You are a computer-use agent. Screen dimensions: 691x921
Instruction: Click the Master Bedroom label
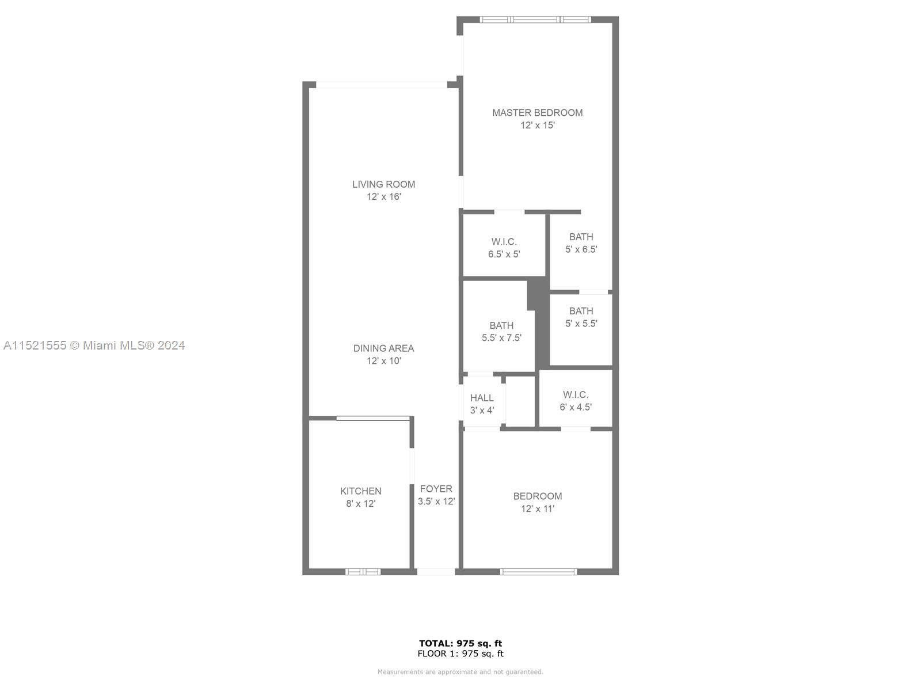(x=537, y=113)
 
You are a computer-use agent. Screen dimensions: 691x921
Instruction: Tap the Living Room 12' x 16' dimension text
(x=383, y=197)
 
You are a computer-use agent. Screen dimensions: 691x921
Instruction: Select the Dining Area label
(x=383, y=348)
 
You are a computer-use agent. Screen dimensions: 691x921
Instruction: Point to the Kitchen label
(x=360, y=491)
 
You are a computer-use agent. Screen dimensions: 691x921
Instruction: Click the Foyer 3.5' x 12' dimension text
(x=436, y=502)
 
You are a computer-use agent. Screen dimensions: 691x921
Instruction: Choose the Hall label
(x=482, y=398)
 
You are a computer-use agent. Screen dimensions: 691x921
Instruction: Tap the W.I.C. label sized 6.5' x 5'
(x=504, y=242)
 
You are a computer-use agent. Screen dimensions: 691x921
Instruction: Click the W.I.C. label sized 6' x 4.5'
(x=575, y=395)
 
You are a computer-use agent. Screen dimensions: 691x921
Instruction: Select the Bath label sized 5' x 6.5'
(x=581, y=237)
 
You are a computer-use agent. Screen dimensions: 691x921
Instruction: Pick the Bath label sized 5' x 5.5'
(x=581, y=311)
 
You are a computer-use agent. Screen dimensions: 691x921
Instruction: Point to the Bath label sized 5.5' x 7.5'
(x=501, y=325)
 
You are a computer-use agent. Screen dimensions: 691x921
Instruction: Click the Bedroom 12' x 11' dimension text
(x=538, y=509)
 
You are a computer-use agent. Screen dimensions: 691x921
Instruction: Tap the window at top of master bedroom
(x=535, y=20)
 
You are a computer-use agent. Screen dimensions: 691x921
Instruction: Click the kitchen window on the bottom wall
(x=363, y=572)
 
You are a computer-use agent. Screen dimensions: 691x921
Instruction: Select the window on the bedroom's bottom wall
(x=538, y=572)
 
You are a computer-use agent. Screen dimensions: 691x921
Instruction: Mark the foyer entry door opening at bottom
(x=436, y=572)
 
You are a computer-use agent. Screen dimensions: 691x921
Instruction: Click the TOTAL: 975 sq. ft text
(x=460, y=643)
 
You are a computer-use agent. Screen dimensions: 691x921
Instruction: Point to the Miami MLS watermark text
(x=94, y=345)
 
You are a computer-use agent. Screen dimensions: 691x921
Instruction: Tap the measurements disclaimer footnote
(x=460, y=672)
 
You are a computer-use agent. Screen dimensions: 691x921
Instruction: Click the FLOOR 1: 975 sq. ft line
(x=460, y=654)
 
